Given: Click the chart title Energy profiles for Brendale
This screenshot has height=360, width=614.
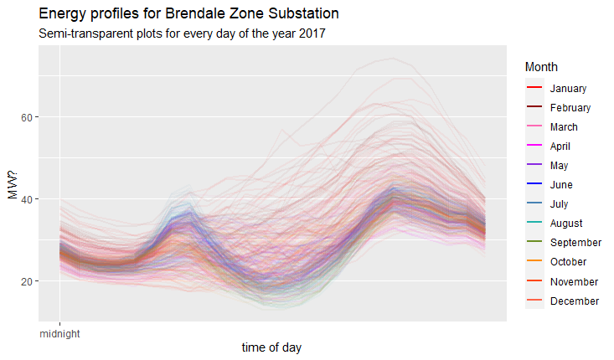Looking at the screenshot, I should click(x=188, y=15).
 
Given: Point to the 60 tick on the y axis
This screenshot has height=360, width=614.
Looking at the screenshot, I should click(x=26, y=117).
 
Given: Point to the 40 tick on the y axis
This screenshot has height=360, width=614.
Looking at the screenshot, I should click(x=26, y=199).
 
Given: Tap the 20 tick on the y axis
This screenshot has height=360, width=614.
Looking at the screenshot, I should click(x=26, y=281).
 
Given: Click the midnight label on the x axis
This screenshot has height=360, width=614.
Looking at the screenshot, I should click(x=60, y=332).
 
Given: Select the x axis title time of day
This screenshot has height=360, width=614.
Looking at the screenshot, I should click(x=272, y=347).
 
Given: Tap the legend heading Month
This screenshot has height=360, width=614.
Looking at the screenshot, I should click(x=541, y=67).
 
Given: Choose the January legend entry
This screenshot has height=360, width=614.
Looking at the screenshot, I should click(x=568, y=89).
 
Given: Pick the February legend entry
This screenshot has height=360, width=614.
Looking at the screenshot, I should click(x=570, y=108).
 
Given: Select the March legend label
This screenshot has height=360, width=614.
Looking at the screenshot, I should click(x=564, y=127).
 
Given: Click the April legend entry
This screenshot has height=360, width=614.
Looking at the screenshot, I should click(x=560, y=147).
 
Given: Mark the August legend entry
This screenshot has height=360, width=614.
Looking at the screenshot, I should click(x=565, y=224).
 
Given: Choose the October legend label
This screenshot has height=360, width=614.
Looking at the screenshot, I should click(x=567, y=262).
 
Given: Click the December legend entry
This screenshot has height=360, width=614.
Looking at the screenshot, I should click(x=574, y=301).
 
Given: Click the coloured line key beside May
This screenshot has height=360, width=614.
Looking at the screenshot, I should click(x=534, y=166).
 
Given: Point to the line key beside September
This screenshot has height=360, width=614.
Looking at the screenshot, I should click(x=534, y=243).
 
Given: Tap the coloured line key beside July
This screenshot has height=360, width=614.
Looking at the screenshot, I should click(x=534, y=204).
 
